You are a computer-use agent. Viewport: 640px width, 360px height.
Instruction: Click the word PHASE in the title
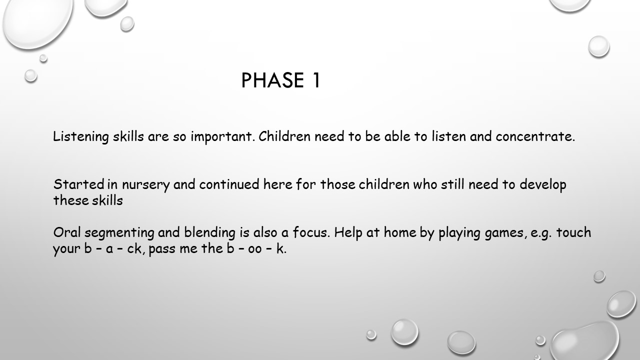272,80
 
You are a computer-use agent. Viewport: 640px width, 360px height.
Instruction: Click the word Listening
81,136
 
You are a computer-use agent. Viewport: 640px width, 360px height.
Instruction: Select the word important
222,136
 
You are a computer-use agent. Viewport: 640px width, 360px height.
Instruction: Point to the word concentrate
535,136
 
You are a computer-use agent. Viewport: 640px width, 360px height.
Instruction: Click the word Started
79,184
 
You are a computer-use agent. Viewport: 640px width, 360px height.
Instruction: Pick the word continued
229,184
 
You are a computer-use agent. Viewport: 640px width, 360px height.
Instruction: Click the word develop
543,185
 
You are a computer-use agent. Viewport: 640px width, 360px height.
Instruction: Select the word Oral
67,232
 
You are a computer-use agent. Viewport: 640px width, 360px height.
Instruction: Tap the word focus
311,232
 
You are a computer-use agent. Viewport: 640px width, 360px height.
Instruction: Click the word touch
573,232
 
